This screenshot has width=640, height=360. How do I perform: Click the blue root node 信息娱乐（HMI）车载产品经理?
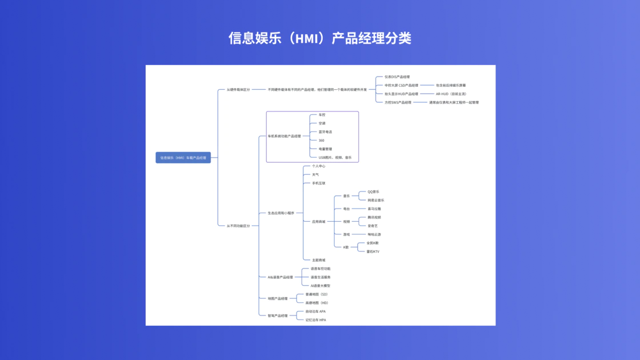pyautogui.click(x=183, y=158)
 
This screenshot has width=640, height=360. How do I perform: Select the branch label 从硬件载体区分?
pyautogui.click(x=238, y=90)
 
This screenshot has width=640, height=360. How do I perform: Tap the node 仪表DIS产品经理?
pyautogui.click(x=397, y=77)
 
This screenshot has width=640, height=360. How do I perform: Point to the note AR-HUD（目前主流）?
pyautogui.click(x=451, y=94)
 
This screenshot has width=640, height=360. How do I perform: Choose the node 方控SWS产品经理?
pyautogui.click(x=398, y=102)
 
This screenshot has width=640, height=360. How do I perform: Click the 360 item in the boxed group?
pyautogui.click(x=321, y=140)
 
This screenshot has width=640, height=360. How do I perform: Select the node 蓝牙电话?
pyautogui.click(x=325, y=131)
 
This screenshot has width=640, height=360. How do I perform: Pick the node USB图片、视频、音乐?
pyautogui.click(x=335, y=157)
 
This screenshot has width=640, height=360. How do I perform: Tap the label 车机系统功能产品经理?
pyautogui.click(x=284, y=136)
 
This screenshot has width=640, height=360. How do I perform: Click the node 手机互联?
pyautogui.click(x=318, y=183)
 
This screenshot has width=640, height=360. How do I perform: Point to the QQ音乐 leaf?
pyautogui.click(x=373, y=192)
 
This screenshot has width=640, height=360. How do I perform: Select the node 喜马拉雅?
pyautogui.click(x=374, y=209)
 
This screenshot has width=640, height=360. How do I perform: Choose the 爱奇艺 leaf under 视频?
pyautogui.click(x=373, y=226)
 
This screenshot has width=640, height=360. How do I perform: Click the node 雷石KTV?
pyautogui.click(x=373, y=251)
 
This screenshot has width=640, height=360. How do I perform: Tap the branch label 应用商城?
pyautogui.click(x=318, y=222)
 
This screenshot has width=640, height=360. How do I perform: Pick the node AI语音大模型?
pyautogui.click(x=321, y=286)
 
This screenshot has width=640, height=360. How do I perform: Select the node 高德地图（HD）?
pyautogui.click(x=317, y=303)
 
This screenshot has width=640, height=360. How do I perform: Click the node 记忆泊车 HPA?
pyautogui.click(x=315, y=320)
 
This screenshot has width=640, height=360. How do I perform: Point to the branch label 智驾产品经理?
pyautogui.click(x=278, y=315)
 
